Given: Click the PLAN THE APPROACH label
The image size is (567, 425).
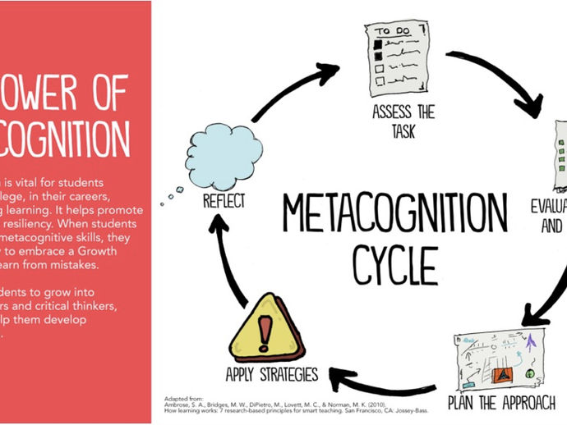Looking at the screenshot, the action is point(502,403).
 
